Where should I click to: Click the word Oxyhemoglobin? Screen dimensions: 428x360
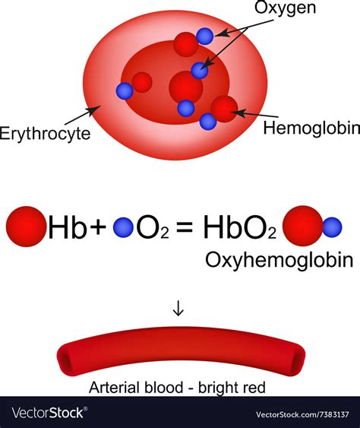pyautogui.click(x=279, y=261)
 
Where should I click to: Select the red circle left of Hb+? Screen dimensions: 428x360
pyautogui.click(x=25, y=227)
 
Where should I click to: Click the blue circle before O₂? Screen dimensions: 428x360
pyautogui.click(x=123, y=227)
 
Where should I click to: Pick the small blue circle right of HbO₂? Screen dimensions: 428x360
pyautogui.click(x=332, y=226)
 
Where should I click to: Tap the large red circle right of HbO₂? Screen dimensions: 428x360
pyautogui.click(x=302, y=225)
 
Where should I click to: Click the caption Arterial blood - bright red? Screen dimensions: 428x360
pyautogui.click(x=178, y=388)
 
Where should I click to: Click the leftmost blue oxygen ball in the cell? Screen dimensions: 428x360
pyautogui.click(x=125, y=91)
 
